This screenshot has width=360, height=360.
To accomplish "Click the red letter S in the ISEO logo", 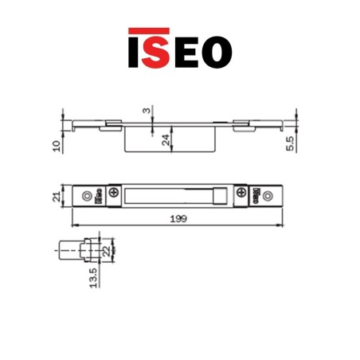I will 160,49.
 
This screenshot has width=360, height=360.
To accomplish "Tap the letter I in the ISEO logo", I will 135,49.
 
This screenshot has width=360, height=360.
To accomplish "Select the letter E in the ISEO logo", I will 189,49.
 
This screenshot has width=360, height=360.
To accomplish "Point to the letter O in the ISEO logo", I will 218,49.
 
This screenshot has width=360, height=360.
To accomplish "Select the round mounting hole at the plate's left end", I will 82,196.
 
